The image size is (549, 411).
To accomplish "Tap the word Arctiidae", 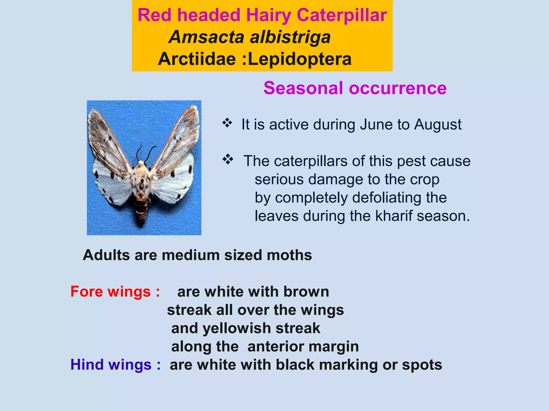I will tap(197, 59).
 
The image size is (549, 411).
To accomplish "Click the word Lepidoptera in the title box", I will tap(300, 59).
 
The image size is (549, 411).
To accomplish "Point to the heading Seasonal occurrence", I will tap(355, 88).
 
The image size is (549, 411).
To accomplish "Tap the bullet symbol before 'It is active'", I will tap(227, 123).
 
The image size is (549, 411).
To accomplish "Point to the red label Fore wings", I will tap(115, 291).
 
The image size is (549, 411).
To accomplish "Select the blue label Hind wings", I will tap(116, 364).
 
